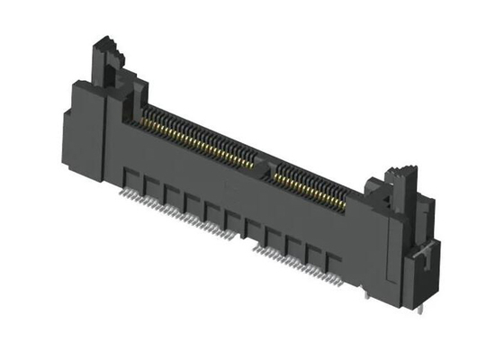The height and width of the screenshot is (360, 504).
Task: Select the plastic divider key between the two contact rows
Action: tap(262, 162)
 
